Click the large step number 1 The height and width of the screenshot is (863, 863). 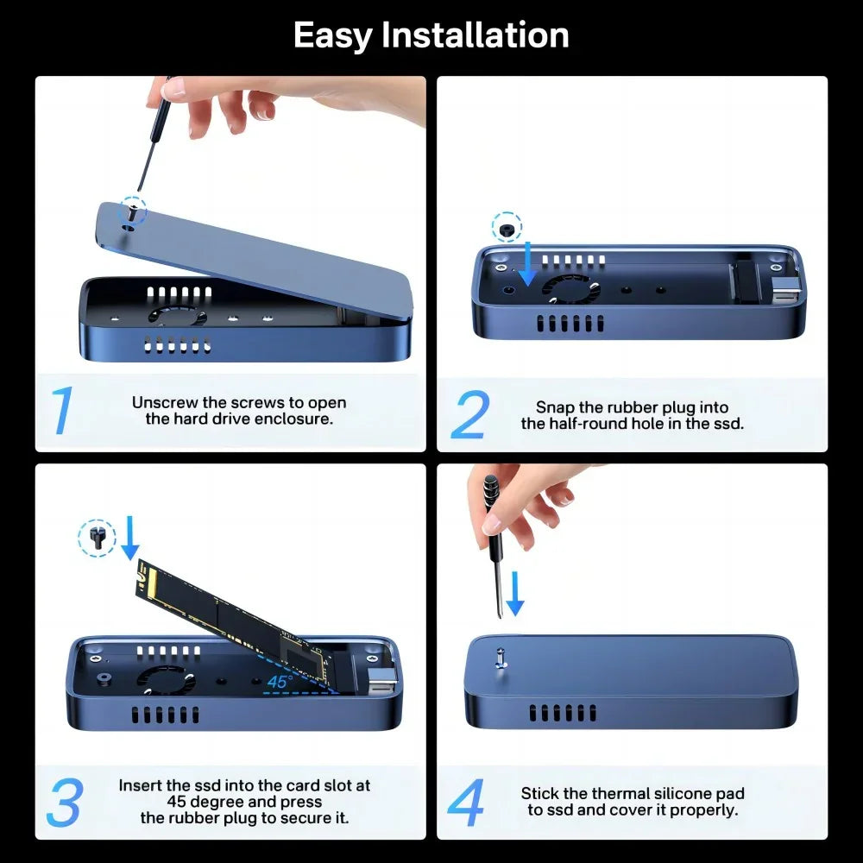pyautogui.click(x=62, y=412)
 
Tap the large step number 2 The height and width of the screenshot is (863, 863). pyautogui.click(x=470, y=415)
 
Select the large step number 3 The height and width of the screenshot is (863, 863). pyautogui.click(x=64, y=803)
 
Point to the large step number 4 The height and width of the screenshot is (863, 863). pyautogui.click(x=466, y=803)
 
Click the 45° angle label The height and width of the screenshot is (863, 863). pyautogui.click(x=279, y=681)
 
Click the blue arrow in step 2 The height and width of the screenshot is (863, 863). pyautogui.click(x=528, y=264)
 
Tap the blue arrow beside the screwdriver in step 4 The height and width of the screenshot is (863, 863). pyautogui.click(x=514, y=595)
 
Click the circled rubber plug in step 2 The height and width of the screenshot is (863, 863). pyautogui.click(x=507, y=228)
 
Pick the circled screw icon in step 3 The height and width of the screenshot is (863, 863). pyautogui.click(x=96, y=539)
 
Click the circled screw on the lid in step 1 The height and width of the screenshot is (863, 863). pyautogui.click(x=132, y=210)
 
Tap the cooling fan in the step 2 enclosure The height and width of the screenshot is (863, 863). pyautogui.click(x=570, y=287)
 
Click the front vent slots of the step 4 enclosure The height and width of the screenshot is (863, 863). pyautogui.click(x=562, y=713)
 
